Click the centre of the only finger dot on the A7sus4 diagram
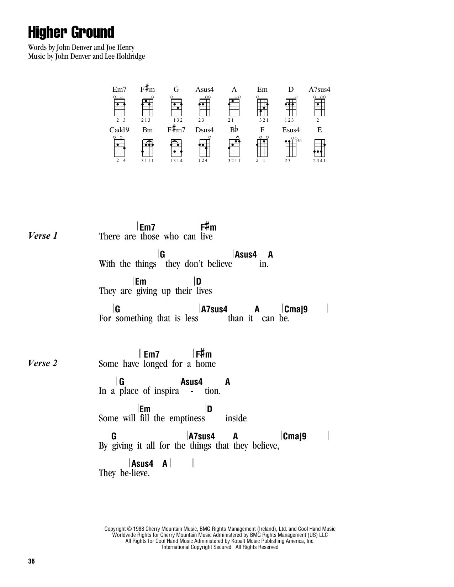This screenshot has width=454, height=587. (318, 104)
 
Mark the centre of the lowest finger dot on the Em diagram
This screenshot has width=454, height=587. (261, 111)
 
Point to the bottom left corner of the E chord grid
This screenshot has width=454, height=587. (315, 157)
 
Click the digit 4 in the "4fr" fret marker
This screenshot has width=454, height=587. (298, 141)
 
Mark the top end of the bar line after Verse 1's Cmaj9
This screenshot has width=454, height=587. (328, 304)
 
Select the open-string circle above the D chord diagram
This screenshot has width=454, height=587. (296, 97)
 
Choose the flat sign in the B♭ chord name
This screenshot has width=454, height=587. (236, 129)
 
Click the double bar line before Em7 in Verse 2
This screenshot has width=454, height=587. (140, 353)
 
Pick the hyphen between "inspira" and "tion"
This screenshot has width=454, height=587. (192, 391)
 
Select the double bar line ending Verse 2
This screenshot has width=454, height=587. (193, 463)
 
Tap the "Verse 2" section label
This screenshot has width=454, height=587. (43, 363)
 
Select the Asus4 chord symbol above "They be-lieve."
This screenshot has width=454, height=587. (142, 464)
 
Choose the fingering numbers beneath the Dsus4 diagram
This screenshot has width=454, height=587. (203, 160)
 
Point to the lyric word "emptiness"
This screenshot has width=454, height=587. (187, 418)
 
